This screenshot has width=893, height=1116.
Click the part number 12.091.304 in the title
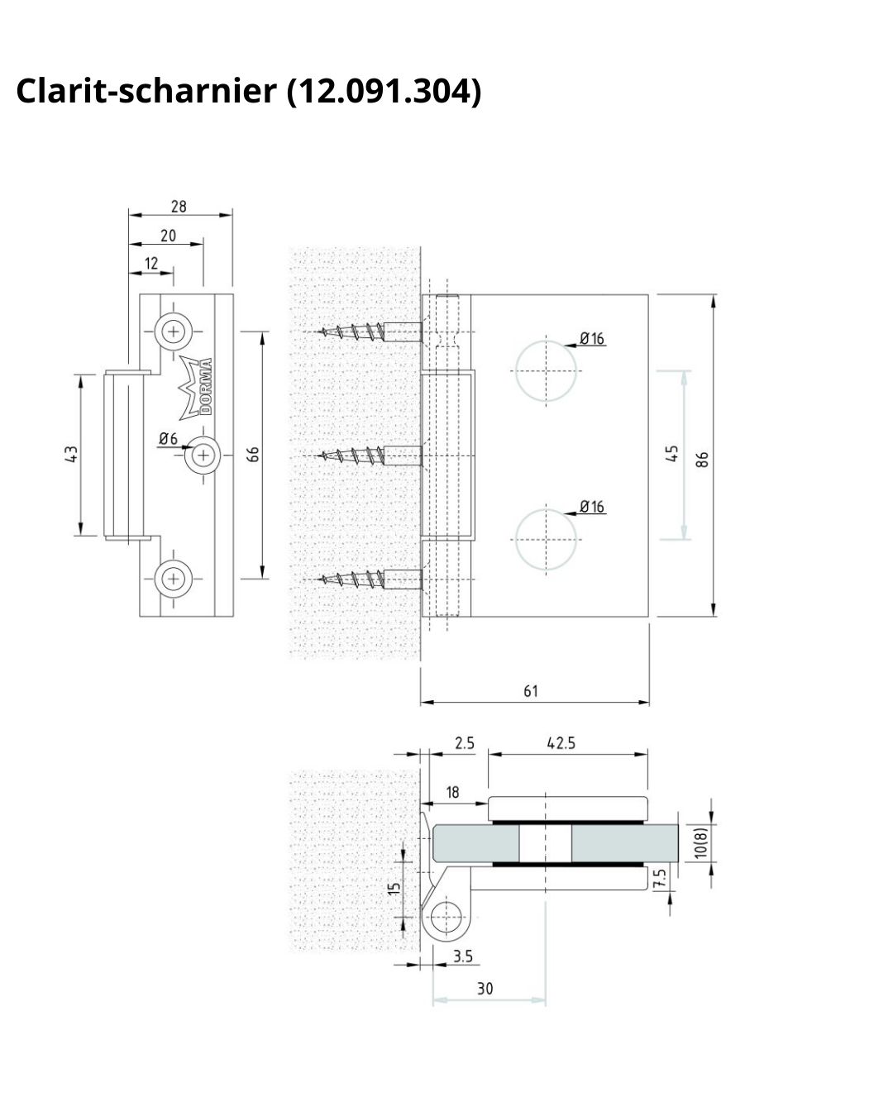click(x=384, y=91)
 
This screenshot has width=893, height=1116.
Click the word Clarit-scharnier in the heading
click(x=146, y=90)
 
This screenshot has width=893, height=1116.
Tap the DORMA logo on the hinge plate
click(x=196, y=388)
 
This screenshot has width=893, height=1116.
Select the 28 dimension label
click(x=179, y=207)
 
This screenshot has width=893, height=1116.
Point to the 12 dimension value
click(x=151, y=264)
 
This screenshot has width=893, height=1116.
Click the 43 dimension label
click(x=72, y=455)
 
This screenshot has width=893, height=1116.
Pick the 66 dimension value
click(x=252, y=455)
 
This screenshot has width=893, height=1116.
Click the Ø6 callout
click(x=168, y=439)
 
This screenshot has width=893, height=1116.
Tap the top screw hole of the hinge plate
click(x=174, y=331)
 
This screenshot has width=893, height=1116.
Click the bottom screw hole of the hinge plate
click(x=174, y=578)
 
